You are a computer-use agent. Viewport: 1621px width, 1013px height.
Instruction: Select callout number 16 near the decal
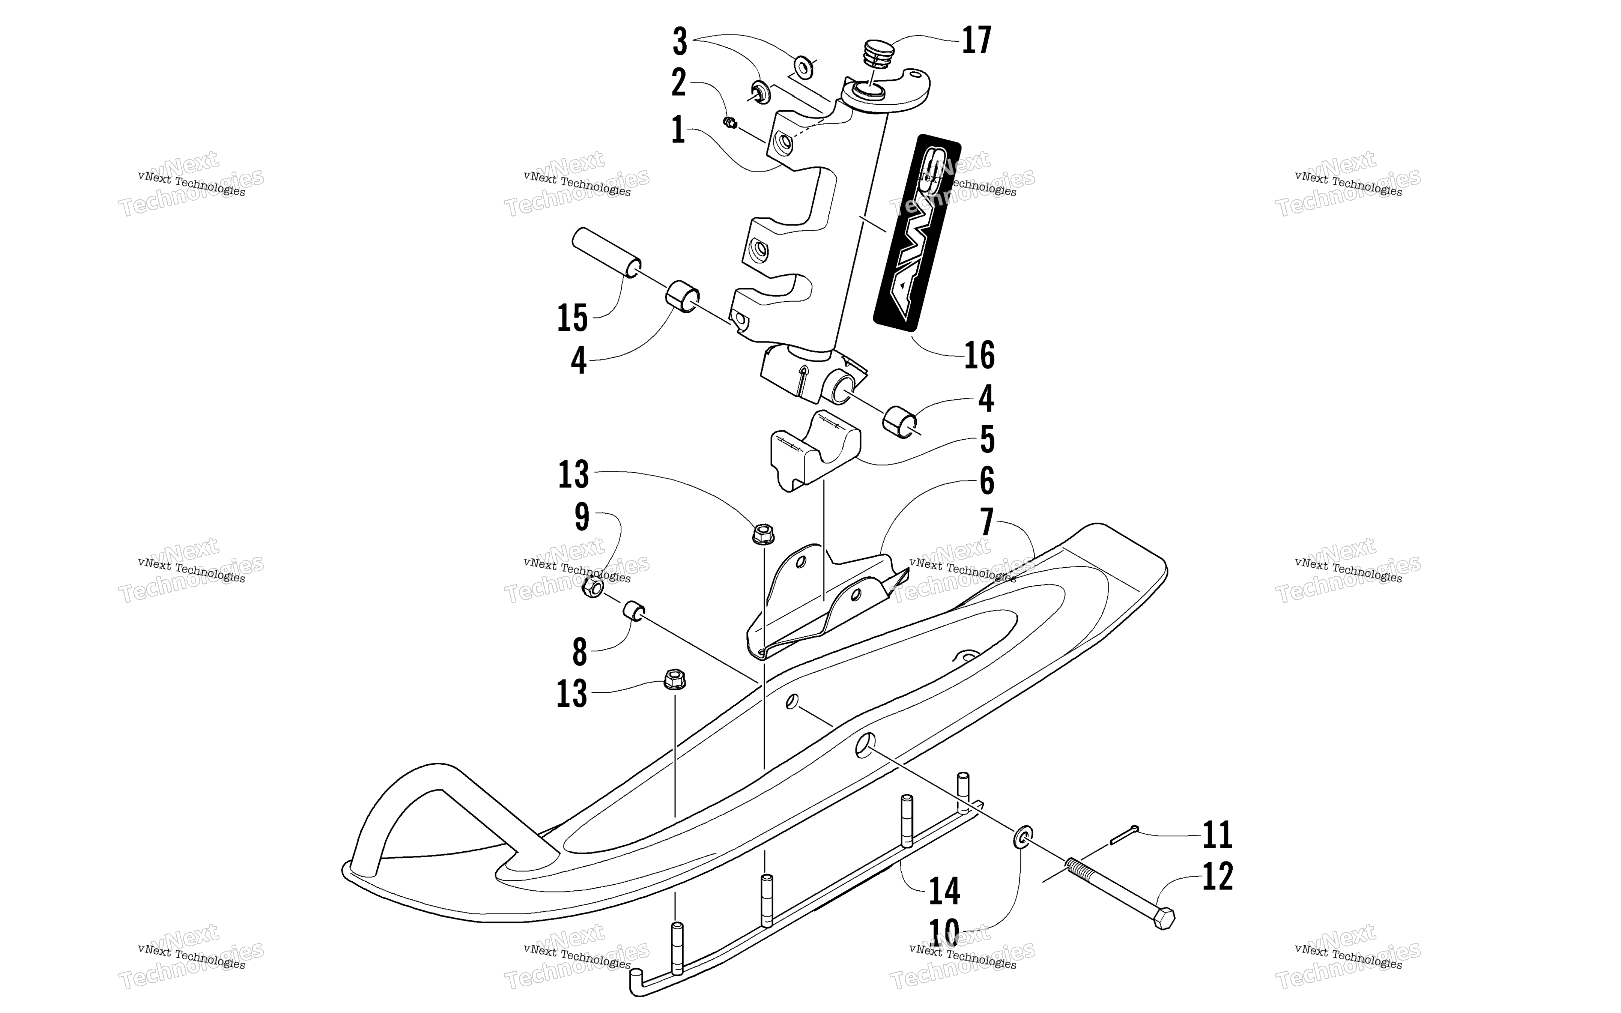pyautogui.click(x=979, y=355)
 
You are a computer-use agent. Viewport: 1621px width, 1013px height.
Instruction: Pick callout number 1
pyautogui.click(x=678, y=130)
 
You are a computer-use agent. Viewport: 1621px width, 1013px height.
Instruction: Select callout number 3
pyautogui.click(x=679, y=42)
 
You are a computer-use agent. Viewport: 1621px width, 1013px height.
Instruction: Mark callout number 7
pyautogui.click(x=986, y=523)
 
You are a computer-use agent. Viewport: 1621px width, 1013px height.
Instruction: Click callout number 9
pyautogui.click(x=581, y=517)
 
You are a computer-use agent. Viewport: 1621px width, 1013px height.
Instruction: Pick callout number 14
pyautogui.click(x=944, y=891)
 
